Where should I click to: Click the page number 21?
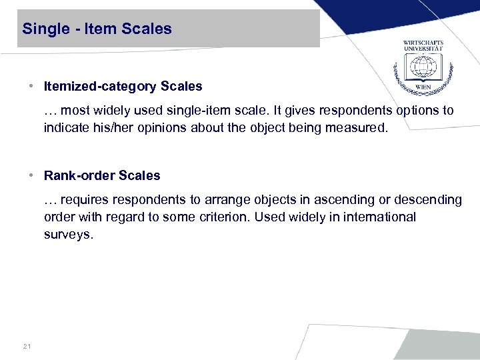(27, 346)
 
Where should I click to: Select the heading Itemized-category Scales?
(123, 86)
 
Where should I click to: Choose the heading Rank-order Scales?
(102, 176)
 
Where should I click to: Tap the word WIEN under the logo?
(423, 88)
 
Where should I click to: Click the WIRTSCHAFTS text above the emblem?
(423, 43)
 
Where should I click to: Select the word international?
(378, 217)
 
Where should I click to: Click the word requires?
(86, 200)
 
